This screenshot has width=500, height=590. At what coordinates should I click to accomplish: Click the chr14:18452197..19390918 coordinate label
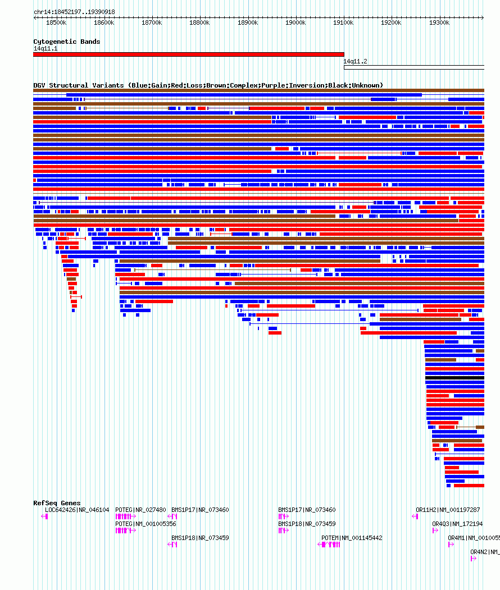74,12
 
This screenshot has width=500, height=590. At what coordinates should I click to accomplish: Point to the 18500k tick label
56,23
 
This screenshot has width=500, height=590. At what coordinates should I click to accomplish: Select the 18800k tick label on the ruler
199,23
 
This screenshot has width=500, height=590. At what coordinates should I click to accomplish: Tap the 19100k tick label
343,23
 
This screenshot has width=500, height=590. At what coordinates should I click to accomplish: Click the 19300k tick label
439,23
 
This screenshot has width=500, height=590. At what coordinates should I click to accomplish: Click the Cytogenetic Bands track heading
66,42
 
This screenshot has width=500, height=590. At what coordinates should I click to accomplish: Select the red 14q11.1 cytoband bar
188,54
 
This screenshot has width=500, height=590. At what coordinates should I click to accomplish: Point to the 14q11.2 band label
355,61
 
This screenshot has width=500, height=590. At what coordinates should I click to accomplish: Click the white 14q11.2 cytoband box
413,67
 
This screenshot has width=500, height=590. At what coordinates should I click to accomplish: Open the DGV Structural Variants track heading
208,85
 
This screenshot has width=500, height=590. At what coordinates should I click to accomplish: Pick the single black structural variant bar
454,378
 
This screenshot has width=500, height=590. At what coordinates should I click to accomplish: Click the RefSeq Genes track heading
57,503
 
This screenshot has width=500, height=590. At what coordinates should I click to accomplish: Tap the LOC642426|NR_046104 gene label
77,510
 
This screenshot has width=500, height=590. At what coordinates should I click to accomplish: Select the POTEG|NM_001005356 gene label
146,524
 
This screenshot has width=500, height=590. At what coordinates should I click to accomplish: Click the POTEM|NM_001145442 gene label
352,538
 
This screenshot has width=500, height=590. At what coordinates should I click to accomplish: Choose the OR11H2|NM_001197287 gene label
448,510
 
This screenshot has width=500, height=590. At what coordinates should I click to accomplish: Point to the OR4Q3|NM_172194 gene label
457,524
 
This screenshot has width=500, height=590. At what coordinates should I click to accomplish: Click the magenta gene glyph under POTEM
329,545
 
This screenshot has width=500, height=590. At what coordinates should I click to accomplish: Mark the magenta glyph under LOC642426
45,516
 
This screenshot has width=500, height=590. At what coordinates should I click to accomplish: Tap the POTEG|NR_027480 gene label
140,510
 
